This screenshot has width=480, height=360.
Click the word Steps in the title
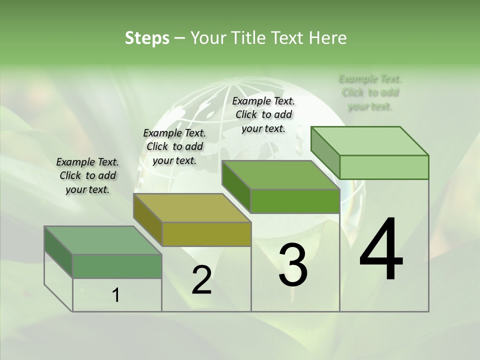tap(147, 38)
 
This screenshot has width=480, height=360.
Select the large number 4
tap(381, 250)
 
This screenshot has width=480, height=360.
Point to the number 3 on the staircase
tap(293, 265)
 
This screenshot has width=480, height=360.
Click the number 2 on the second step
tap(201, 280)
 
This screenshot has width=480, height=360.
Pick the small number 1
tap(116, 295)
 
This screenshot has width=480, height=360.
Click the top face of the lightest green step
tap(370, 140)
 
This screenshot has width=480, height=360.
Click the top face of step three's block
tap(280, 175)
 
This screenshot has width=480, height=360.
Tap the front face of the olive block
tap(206, 234)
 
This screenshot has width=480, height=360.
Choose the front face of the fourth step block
tap(384, 167)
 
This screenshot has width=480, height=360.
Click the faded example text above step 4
tap(370, 92)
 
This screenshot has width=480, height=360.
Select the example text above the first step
tap(87, 175)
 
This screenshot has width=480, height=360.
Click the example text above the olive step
tap(174, 146)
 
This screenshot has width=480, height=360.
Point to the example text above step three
tap(263, 114)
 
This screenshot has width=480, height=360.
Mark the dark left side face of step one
tap(58, 251)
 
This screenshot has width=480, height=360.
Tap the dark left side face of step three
tap(236, 186)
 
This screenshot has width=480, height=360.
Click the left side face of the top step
tap(325, 152)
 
